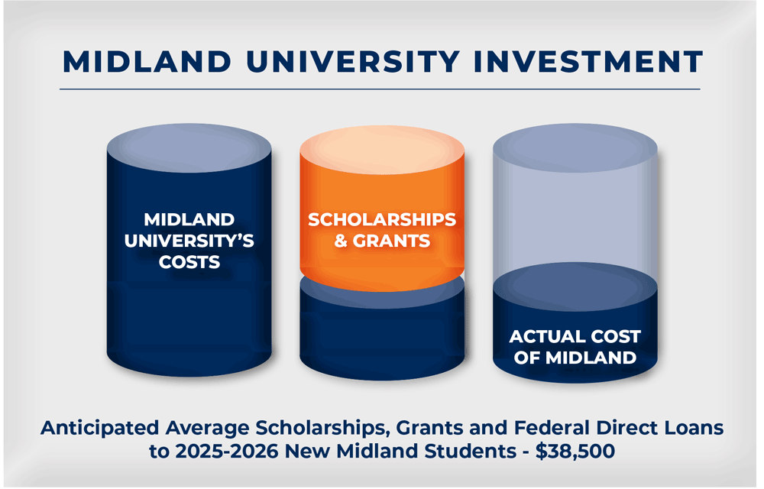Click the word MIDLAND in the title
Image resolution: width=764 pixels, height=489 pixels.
click(147, 62)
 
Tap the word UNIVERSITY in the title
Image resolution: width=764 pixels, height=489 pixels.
click(353, 62)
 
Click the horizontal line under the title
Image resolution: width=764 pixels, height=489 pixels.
click(380, 89)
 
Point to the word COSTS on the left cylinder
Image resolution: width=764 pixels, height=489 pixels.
click(189, 263)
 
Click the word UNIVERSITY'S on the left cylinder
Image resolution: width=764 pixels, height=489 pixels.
click(189, 241)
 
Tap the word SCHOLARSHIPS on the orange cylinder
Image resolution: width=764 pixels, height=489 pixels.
click(382, 219)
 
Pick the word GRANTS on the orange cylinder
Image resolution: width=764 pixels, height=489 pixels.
click(391, 241)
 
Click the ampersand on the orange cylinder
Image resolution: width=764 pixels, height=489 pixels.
click(341, 241)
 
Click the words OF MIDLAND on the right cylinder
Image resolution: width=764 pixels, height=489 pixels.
click(575, 358)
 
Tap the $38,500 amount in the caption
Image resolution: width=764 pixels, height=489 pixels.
click(575, 451)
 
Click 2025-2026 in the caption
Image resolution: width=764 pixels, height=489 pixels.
click(227, 451)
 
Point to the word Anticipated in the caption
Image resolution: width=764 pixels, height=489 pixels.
click(100, 428)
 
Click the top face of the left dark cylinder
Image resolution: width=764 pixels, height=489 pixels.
click(189, 147)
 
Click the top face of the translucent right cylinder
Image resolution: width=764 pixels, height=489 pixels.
click(575, 147)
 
